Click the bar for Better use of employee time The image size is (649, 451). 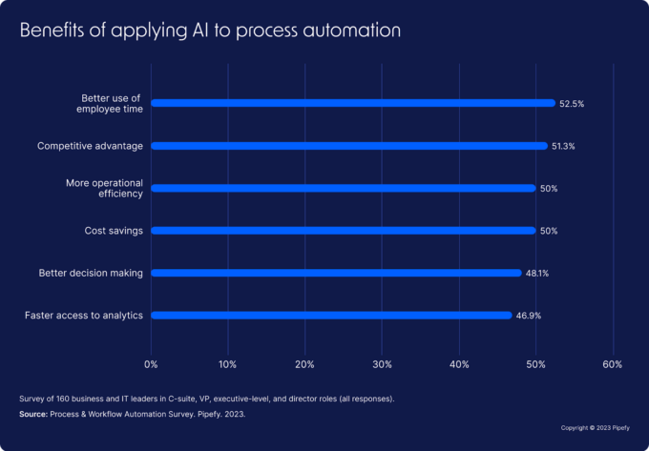pyautogui.click(x=352, y=103)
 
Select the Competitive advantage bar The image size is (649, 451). pyautogui.click(x=348, y=146)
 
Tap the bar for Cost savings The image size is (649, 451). pyautogui.click(x=343, y=230)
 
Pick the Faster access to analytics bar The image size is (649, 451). pyautogui.click(x=331, y=315)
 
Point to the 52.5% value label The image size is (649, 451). pyautogui.click(x=572, y=103)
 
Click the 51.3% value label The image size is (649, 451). pyautogui.click(x=563, y=146)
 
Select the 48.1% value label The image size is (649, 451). pyautogui.click(x=537, y=273)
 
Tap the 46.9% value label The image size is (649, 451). pyautogui.click(x=528, y=315)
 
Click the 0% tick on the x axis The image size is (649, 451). pyautogui.click(x=151, y=364)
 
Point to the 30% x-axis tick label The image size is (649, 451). pyautogui.click(x=382, y=364)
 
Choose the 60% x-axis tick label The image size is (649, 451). pyautogui.click(x=613, y=364)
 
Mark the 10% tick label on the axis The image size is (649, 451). pyautogui.click(x=227, y=364)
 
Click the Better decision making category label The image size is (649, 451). pyautogui.click(x=91, y=273)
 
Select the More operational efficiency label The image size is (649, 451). pyautogui.click(x=104, y=188)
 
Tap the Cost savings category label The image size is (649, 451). pyautogui.click(x=114, y=230)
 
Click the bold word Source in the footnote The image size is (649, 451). pyautogui.click(x=34, y=415)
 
